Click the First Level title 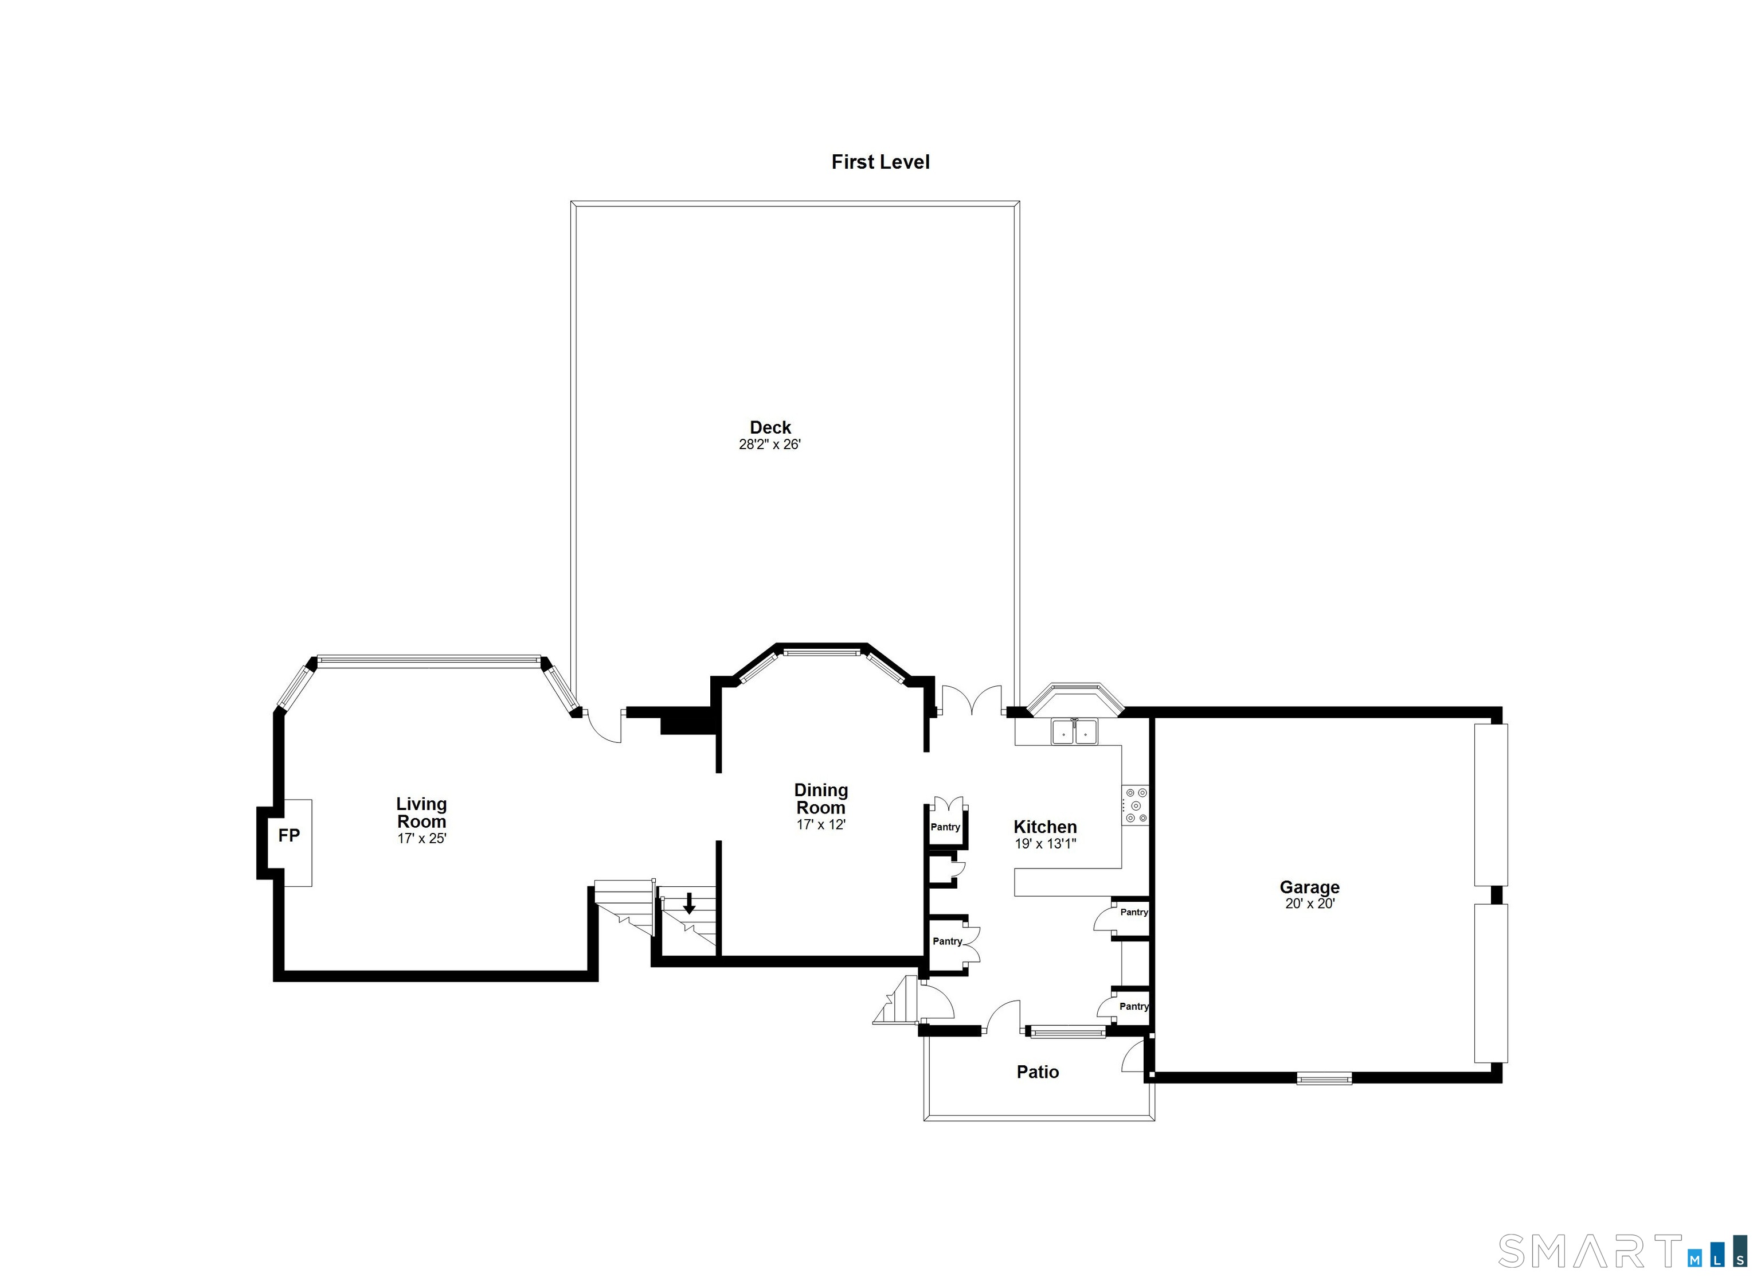coord(880,162)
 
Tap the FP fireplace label coord(289,836)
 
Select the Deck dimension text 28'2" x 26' coord(769,445)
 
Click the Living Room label coord(421,812)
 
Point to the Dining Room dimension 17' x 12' coord(821,825)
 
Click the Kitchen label coord(1045,827)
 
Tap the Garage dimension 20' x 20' coord(1310,904)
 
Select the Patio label coord(1038,1072)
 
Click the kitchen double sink coord(1075,732)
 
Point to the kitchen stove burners coord(1136,805)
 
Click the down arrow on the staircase coord(688,904)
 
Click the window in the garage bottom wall coord(1324,1078)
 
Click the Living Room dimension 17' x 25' coord(421,839)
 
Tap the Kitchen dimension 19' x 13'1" coord(1045,844)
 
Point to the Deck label coord(770,427)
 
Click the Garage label coord(1310,887)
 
